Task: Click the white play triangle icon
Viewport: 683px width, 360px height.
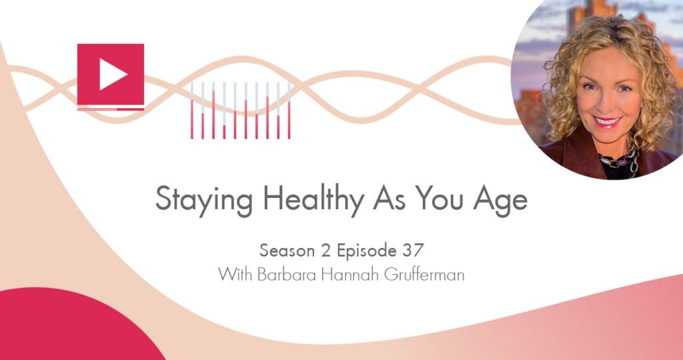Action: (113, 75)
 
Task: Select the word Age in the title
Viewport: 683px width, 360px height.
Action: (502, 199)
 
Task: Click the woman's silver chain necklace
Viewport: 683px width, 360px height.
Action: (618, 160)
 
